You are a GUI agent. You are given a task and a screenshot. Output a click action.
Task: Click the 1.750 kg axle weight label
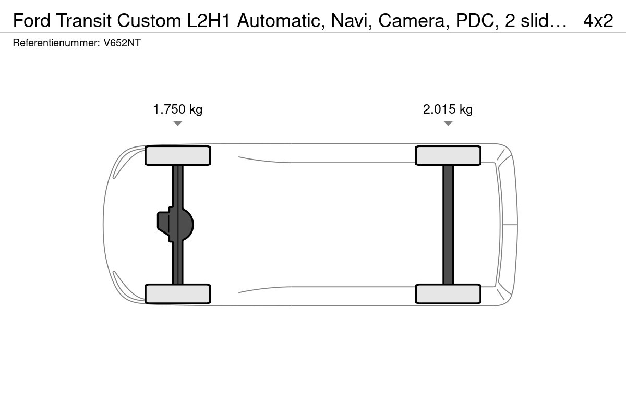178,109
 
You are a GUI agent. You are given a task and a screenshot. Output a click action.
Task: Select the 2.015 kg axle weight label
448,109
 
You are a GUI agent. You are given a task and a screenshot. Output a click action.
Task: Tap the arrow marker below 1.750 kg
178,123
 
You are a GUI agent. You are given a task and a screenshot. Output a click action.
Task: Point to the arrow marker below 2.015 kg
448,123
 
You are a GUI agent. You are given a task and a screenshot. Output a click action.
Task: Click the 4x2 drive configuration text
598,21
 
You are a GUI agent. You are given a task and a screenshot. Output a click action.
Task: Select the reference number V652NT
122,43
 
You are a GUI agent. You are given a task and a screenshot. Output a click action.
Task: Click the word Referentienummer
56,43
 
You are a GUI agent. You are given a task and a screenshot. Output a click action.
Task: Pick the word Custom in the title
149,21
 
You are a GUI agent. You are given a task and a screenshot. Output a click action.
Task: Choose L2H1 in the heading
209,21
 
